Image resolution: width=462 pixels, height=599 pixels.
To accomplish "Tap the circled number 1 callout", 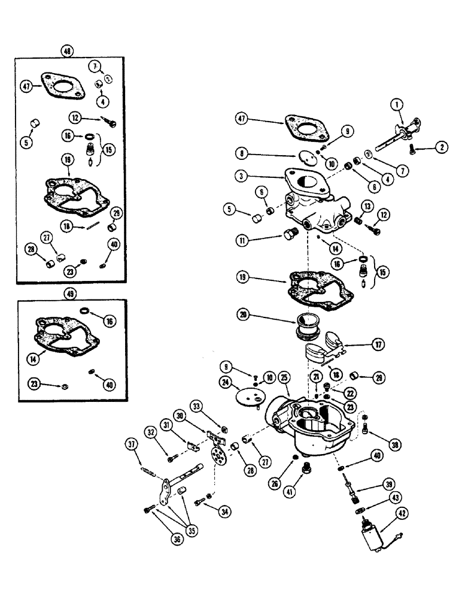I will (396, 104).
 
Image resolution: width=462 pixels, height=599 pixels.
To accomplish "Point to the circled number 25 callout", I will (284, 377).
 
